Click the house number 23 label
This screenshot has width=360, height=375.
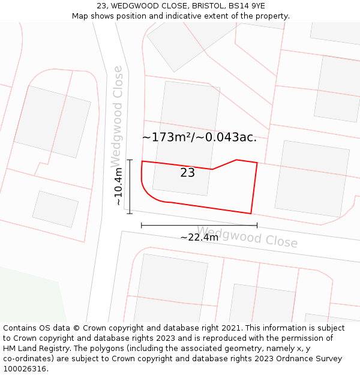tap(187, 173)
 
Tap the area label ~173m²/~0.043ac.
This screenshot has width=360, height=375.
tap(199, 137)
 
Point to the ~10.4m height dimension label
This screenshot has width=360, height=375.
tap(119, 186)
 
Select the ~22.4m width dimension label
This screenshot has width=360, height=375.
tap(199, 237)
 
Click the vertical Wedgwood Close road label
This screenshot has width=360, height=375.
tap(117, 117)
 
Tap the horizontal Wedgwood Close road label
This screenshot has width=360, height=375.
tap(247, 237)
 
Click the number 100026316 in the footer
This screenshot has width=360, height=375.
tap(24, 369)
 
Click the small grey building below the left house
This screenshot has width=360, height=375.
tap(55, 209)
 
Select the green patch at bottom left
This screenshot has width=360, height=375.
tap(30, 297)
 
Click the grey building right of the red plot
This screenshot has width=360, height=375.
tap(311, 178)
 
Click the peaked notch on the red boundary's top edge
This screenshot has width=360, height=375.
tap(236, 160)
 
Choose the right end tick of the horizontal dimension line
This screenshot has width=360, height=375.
tap(257, 225)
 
